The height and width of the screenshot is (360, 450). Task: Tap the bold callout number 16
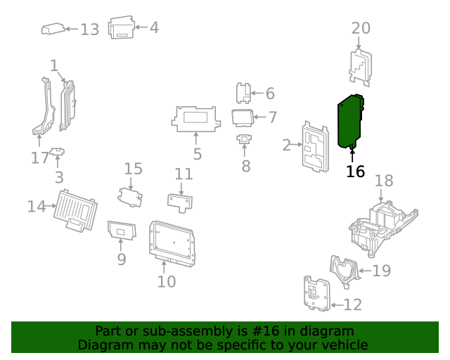356,172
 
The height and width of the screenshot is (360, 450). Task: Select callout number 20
361,28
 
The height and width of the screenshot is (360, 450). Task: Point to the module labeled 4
122,28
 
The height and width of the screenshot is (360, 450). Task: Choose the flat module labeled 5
195,118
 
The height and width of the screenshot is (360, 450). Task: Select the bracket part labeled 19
345,271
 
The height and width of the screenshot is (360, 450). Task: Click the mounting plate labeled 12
315,293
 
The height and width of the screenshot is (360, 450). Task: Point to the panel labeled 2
314,147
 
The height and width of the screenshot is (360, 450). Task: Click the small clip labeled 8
245,139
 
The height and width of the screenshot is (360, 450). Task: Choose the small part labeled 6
243,93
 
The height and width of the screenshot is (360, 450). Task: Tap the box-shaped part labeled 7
242,117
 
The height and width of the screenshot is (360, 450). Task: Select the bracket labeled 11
182,202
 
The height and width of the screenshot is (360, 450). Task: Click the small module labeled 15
131,195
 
